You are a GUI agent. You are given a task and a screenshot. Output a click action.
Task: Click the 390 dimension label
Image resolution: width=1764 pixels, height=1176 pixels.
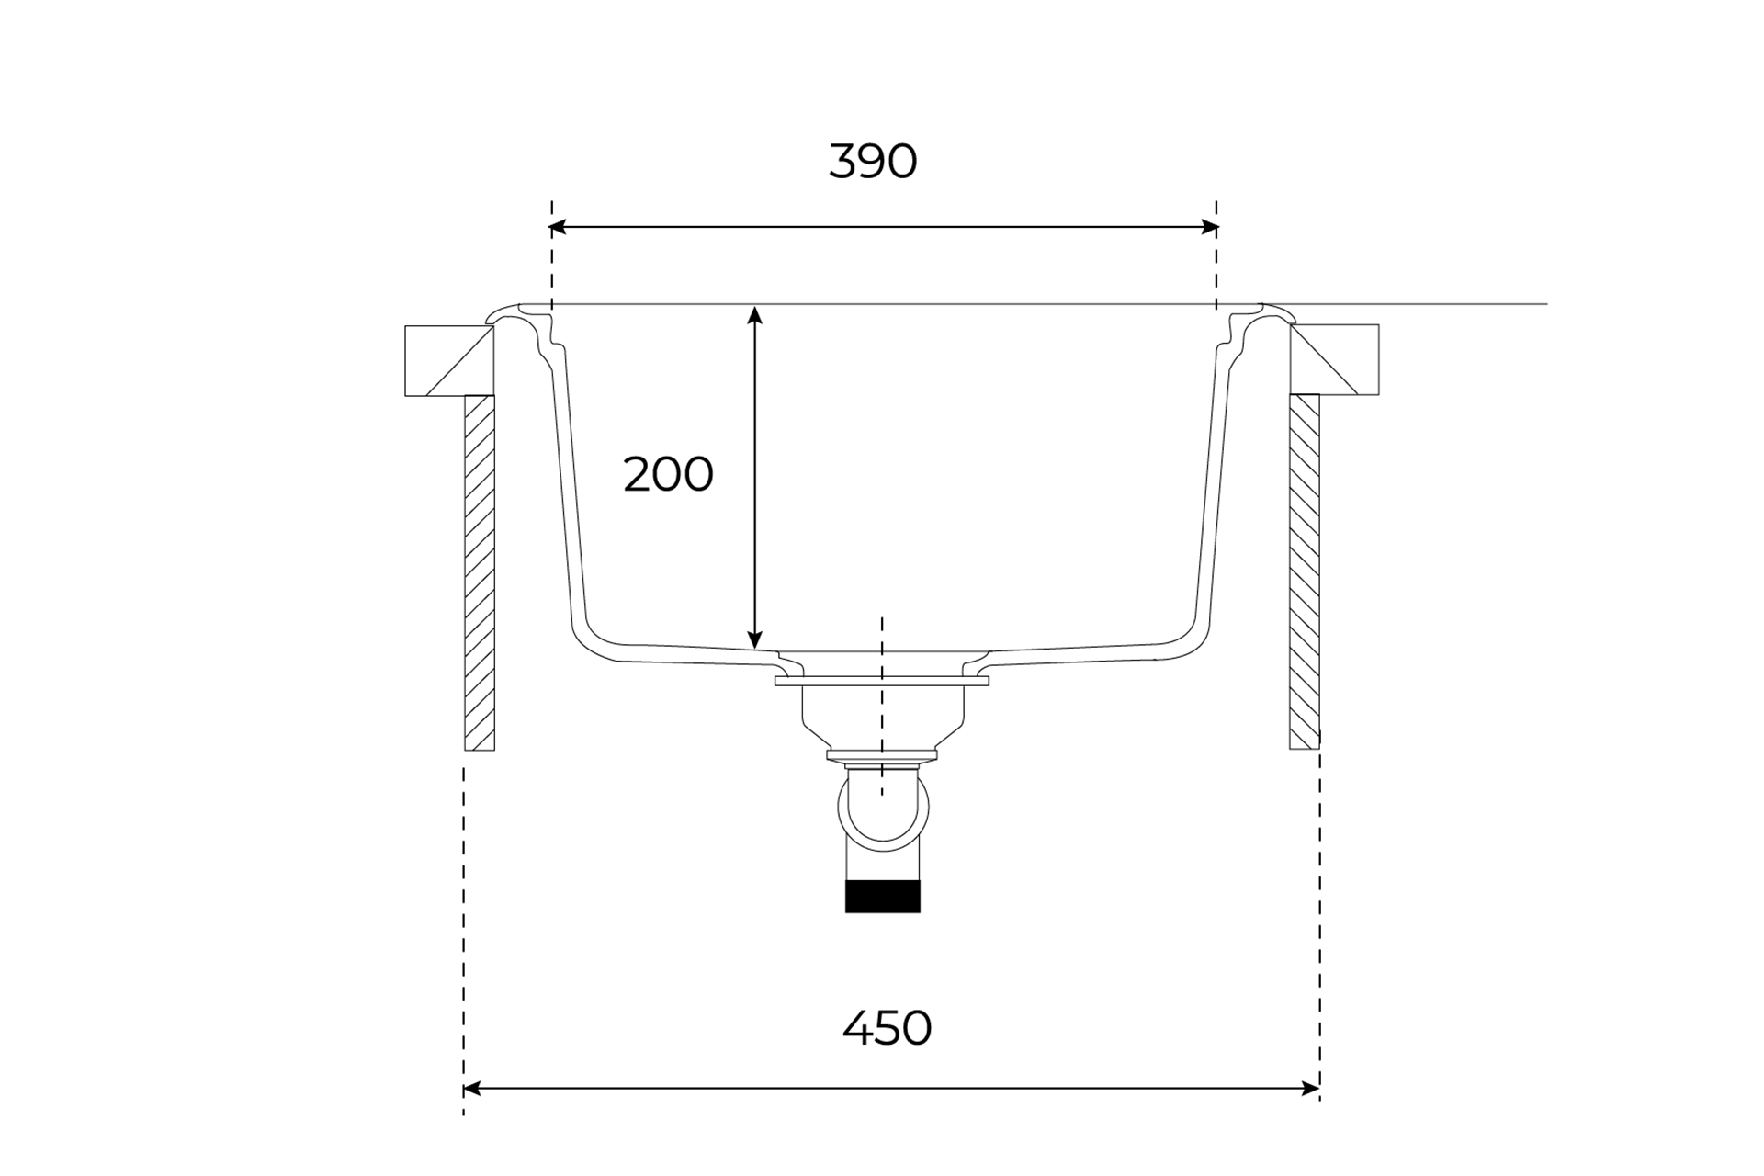873,161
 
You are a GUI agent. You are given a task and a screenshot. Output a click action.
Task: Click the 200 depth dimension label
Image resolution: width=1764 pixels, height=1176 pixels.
668,475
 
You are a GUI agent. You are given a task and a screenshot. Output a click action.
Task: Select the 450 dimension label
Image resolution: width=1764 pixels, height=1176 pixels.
887,1028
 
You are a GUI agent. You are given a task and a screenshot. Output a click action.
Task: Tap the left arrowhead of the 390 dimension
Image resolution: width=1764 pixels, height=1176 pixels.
558,227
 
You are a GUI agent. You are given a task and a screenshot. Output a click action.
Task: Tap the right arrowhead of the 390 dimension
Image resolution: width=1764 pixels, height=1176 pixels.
1210,227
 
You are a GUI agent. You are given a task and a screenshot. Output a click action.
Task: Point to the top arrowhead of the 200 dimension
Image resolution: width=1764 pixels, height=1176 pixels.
754,315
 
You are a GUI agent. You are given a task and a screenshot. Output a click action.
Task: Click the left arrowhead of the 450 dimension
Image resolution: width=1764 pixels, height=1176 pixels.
472,1089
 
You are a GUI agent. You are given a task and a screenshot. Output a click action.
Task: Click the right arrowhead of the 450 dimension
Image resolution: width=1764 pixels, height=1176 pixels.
1311,1089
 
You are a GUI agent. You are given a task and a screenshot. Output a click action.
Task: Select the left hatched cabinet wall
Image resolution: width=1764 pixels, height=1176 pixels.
480,572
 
